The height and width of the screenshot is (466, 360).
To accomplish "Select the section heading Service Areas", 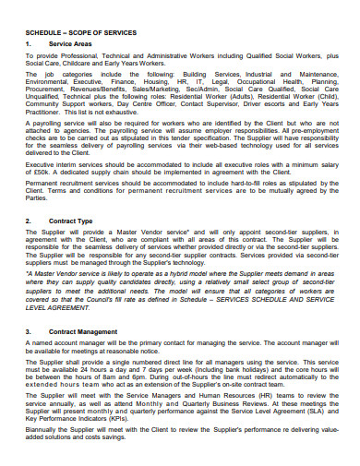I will [x=70, y=43].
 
